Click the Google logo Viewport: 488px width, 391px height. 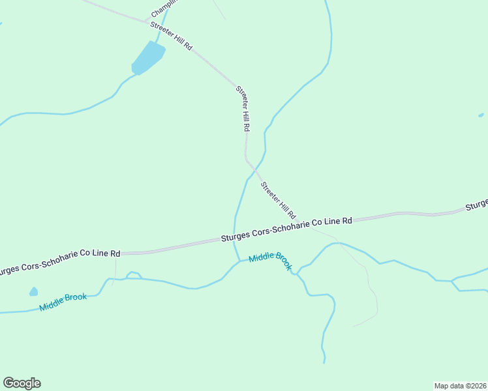[22, 383]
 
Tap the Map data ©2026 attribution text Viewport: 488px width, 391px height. [460, 385]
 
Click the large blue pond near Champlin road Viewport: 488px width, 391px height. [147, 58]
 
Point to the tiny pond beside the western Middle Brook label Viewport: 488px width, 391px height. [33, 291]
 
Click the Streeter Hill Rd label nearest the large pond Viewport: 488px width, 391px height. [172, 36]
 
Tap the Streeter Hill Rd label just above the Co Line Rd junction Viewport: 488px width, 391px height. [279, 200]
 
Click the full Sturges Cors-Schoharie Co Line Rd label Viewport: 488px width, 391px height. [286, 230]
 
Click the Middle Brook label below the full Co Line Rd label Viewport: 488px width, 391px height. [270, 260]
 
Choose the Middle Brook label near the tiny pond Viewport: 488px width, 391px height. [63, 302]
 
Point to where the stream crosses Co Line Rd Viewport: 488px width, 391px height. [235, 239]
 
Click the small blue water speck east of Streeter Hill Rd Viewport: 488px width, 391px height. [481, 115]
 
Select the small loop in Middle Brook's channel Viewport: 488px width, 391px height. [134, 275]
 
